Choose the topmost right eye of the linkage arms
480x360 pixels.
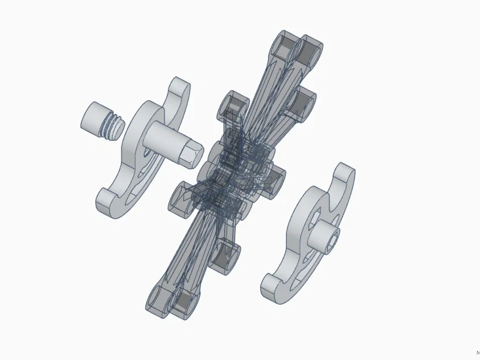(x=311, y=52)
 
